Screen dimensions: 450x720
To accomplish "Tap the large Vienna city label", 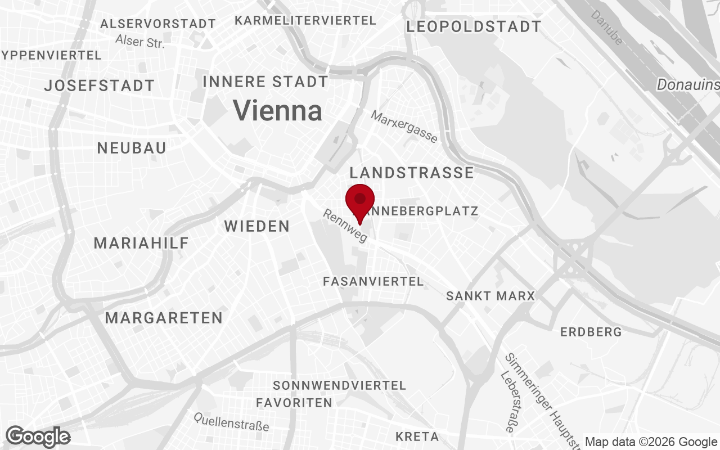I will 278,110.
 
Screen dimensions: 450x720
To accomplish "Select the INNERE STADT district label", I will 265,82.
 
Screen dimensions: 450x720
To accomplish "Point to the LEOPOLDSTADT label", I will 474,26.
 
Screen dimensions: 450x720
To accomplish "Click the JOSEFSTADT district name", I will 100,85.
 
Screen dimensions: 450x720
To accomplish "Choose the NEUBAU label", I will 132,148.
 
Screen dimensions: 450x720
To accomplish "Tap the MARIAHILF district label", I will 141,243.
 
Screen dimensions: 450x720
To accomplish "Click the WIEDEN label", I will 257,226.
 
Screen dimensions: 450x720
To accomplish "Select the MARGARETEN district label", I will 164,318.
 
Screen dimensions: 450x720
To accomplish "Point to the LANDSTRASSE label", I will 412,172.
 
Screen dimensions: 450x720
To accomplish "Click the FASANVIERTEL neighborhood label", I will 373,281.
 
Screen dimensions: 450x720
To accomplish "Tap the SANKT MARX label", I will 490,296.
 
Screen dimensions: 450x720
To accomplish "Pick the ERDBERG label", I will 591,332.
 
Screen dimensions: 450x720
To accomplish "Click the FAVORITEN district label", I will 294,403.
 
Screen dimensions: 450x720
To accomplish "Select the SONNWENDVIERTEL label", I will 339,385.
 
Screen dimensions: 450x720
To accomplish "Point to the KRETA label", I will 417,436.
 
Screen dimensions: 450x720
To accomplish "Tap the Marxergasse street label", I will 404,126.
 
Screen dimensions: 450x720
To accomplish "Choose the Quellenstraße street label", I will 231,421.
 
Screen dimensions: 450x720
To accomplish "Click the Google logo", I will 38,436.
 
